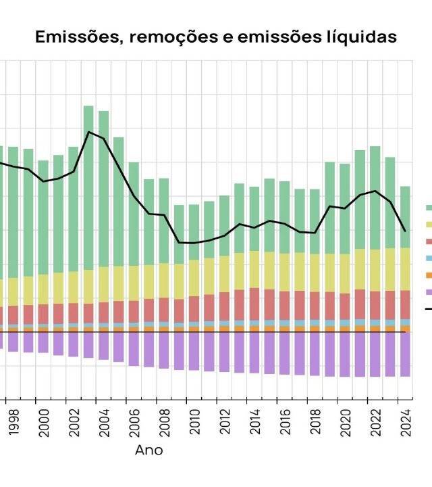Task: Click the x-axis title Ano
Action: tap(148, 450)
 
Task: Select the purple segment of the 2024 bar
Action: tap(405, 354)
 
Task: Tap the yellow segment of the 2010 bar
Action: tap(194, 277)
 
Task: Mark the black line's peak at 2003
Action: tap(88, 131)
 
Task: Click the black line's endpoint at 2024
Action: tap(405, 231)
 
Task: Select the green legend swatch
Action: tap(429, 208)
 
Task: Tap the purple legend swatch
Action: tap(429, 292)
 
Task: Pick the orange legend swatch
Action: tap(429, 275)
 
